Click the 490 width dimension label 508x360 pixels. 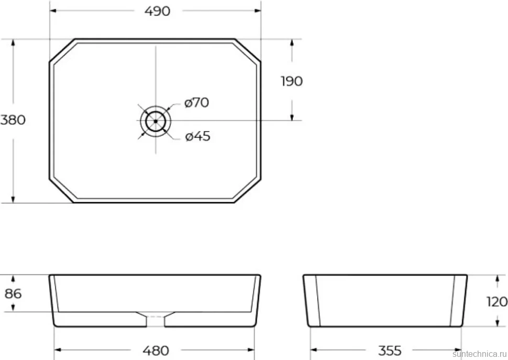(x=157, y=11)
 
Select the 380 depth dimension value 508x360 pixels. (x=13, y=120)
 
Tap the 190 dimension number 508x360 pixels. (x=292, y=81)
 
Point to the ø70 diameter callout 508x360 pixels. (x=197, y=103)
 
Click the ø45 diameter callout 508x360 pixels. (x=197, y=136)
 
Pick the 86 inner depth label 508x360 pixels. (x=13, y=293)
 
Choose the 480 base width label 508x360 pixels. (x=156, y=351)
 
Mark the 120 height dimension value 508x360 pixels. (x=497, y=302)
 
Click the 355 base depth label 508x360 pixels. (x=390, y=351)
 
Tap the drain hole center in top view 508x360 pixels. (x=156, y=121)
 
